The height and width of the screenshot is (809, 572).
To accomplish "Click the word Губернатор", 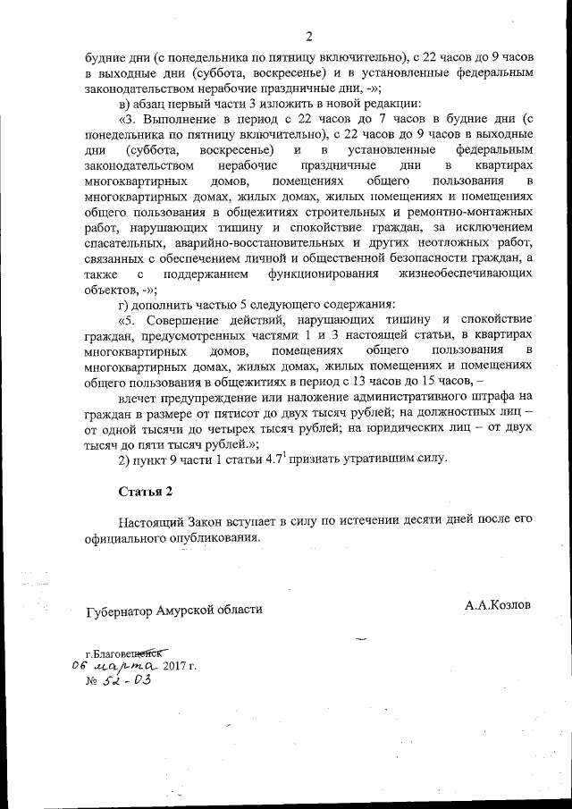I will (119, 610).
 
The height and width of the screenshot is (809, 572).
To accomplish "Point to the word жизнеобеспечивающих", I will (470, 273).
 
